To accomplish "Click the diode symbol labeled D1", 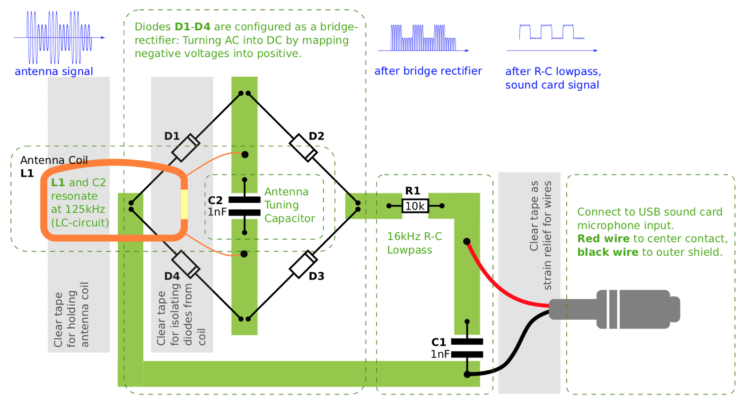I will [185, 148].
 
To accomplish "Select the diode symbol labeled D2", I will [303, 148].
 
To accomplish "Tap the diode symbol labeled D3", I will [303, 264].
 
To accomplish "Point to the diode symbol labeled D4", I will [185, 264].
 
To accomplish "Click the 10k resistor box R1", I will [415, 206].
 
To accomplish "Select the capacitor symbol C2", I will [244, 206].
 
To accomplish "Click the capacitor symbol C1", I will [467, 348].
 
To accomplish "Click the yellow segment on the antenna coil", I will [184, 204].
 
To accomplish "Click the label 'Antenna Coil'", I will [54, 160].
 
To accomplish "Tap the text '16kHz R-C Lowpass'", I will [414, 243].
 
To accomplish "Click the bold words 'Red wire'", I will [603, 239].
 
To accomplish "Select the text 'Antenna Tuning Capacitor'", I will [289, 205].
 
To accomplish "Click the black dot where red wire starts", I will [466, 241].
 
